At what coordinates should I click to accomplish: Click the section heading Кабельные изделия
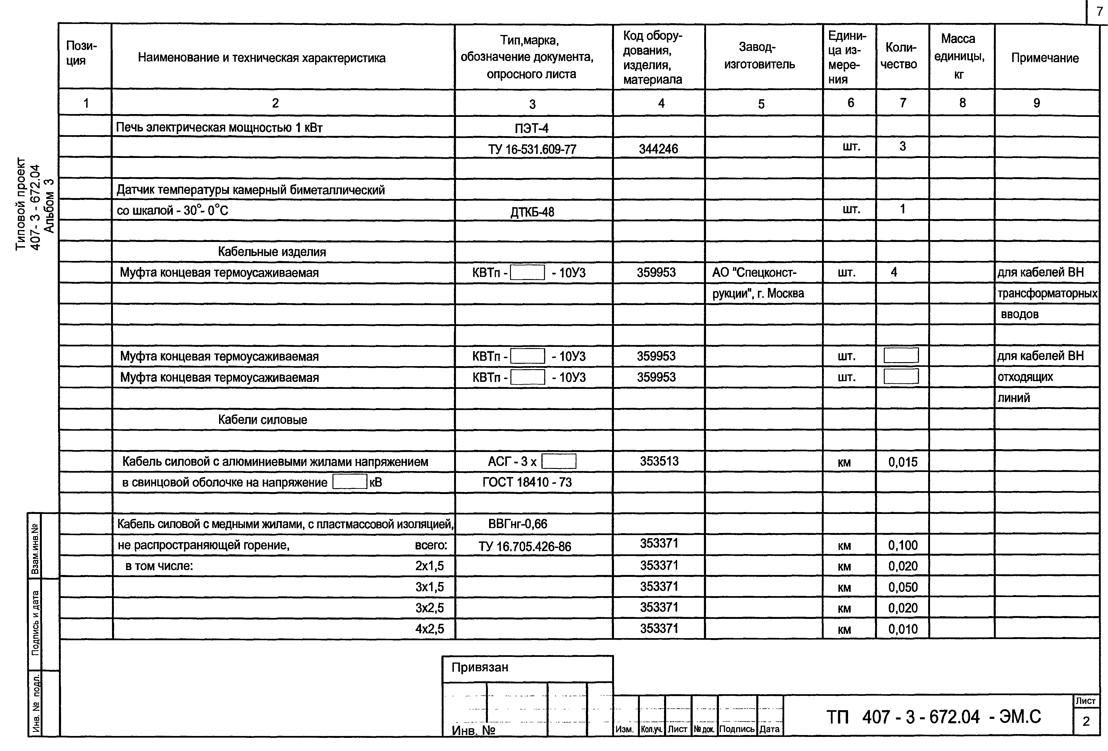coord(272,252)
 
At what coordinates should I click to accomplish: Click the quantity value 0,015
coord(903,462)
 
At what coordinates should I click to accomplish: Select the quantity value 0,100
coord(903,545)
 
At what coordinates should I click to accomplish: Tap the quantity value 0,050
coord(903,587)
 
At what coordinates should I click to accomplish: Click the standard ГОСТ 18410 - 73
coord(527,482)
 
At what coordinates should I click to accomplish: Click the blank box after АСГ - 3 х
coord(559,461)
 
